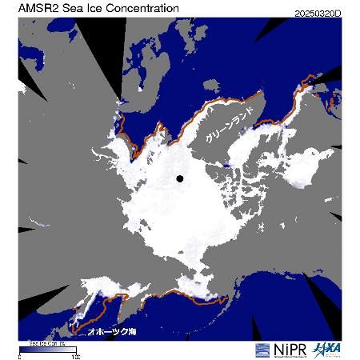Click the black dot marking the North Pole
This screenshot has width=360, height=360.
click(180, 178)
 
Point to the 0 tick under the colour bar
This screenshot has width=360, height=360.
click(20, 355)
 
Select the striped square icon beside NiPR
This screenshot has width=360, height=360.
click(262, 350)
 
